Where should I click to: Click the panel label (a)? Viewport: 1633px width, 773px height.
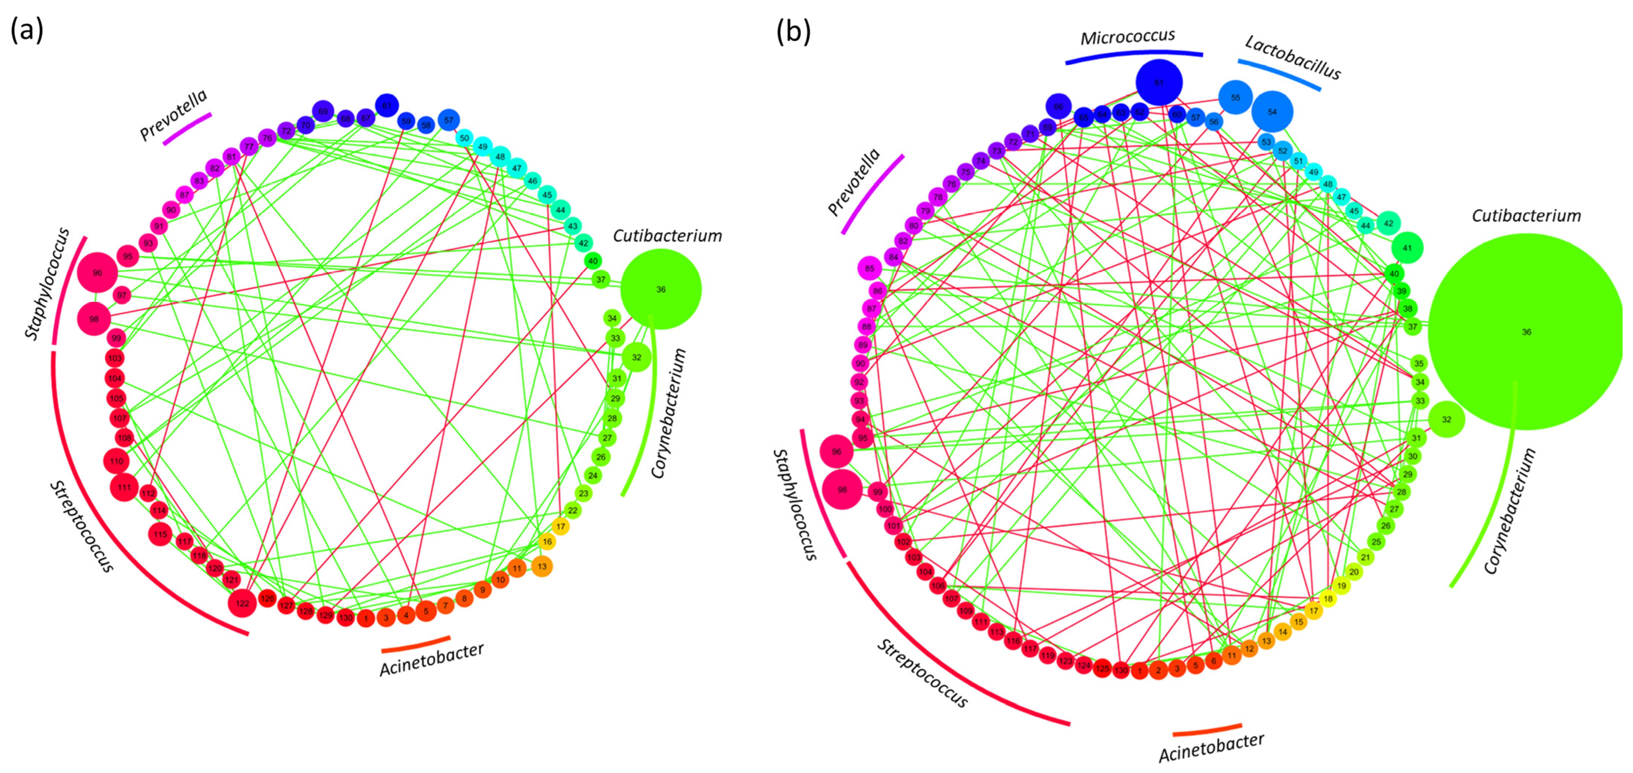point(27,30)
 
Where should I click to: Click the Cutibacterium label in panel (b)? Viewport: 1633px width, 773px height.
point(1526,215)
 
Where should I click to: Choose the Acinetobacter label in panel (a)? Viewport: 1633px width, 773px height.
point(432,659)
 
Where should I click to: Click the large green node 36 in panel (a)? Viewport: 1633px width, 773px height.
point(661,289)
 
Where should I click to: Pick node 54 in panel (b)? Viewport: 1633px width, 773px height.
point(1272,111)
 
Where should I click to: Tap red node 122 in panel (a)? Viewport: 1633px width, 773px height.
point(242,603)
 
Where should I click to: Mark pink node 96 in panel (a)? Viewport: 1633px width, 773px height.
point(98,273)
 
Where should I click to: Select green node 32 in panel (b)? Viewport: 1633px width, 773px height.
point(1446,419)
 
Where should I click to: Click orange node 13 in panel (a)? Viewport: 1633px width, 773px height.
point(541,566)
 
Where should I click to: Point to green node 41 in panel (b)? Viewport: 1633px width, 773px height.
point(1407,248)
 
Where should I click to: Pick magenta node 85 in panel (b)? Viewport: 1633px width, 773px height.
point(869,268)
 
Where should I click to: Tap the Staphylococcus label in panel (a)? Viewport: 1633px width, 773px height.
point(47,284)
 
